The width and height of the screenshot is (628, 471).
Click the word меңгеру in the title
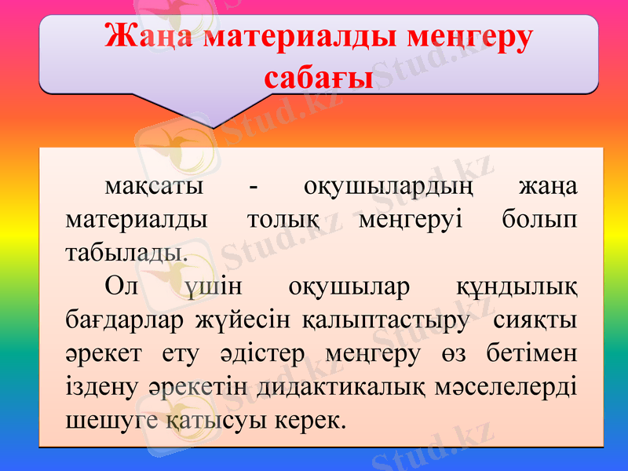pos(473,38)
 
